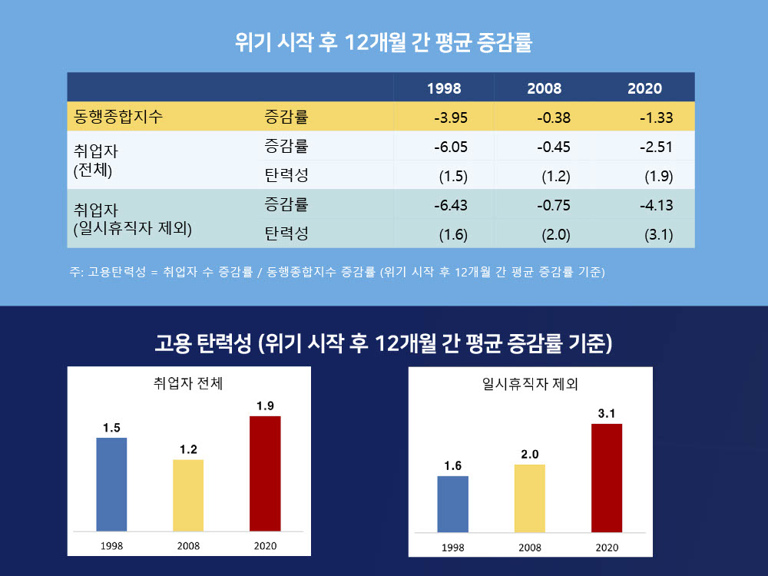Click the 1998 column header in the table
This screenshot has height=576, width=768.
tap(444, 89)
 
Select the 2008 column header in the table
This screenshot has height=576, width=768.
tap(544, 89)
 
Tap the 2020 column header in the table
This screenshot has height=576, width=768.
tap(644, 89)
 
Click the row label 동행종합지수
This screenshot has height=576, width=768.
tap(118, 117)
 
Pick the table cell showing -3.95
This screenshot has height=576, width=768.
tap(451, 118)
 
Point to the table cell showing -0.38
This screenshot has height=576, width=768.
tap(553, 118)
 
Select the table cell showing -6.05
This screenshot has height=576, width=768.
tap(451, 147)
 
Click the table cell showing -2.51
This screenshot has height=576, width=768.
tap(656, 147)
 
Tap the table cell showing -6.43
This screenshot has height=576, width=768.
tap(451, 206)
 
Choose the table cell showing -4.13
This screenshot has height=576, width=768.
tap(656, 206)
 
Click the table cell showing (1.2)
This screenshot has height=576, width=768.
tap(555, 177)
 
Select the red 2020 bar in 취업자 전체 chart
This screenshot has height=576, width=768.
tap(265, 473)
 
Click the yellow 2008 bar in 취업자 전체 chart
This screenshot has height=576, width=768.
tap(188, 495)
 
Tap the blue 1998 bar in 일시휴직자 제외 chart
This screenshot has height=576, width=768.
tap(452, 504)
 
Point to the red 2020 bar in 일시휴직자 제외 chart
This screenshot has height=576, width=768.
tap(607, 478)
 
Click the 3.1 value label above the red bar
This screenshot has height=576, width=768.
tap(607, 414)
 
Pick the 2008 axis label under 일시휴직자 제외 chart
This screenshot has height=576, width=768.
tap(530, 548)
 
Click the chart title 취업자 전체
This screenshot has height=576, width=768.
tap(188, 383)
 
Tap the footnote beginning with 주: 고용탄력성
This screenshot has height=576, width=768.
tap(337, 272)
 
